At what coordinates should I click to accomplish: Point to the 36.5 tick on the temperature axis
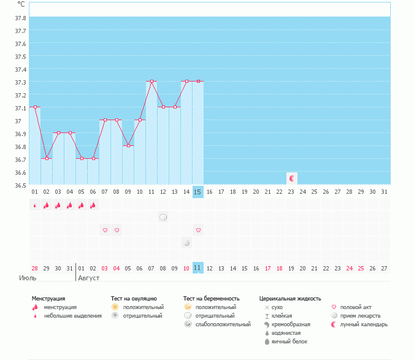tap(20, 185)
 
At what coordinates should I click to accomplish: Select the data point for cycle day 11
tap(151, 81)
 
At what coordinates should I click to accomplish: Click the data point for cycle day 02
tap(47, 158)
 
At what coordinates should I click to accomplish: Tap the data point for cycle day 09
tap(128, 146)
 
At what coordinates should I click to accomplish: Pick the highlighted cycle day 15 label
tap(197, 192)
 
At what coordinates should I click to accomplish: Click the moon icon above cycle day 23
tap(292, 178)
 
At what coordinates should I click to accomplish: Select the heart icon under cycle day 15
tap(197, 230)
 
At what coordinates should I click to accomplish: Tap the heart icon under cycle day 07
tap(105, 230)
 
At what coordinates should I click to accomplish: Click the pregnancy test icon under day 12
tap(163, 217)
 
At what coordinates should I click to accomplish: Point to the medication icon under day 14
tap(186, 243)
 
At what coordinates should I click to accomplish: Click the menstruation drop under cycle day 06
tap(93, 205)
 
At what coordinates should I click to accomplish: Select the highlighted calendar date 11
tap(197, 268)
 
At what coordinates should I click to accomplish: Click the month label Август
tap(88, 278)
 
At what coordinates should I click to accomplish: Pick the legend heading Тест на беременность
tap(211, 299)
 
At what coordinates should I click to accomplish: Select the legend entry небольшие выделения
tap(73, 315)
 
